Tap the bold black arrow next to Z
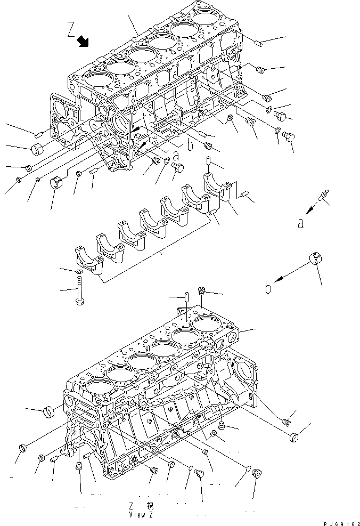click(x=83, y=41)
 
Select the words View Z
click(x=141, y=515)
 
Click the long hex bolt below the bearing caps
click(x=79, y=295)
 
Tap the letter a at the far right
click(x=301, y=224)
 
